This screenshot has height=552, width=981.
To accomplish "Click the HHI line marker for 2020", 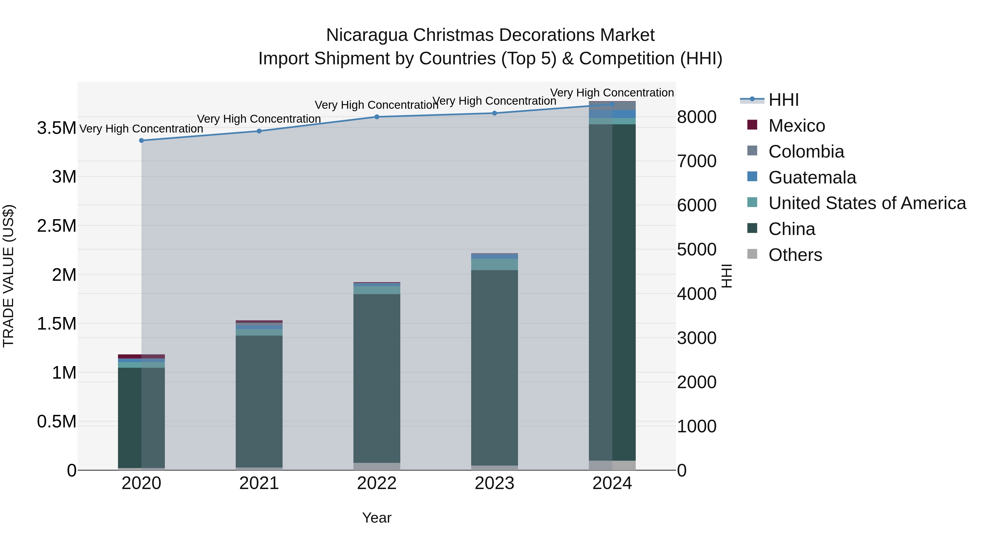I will [x=141, y=141].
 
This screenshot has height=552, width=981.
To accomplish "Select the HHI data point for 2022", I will [x=377, y=117].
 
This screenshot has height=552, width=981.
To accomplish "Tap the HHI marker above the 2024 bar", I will [x=612, y=104].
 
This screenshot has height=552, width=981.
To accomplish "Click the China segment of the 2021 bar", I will [x=259, y=400].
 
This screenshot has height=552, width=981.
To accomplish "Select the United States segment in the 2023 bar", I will [x=494, y=264].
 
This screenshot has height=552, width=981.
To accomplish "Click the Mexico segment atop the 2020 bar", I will [x=141, y=357].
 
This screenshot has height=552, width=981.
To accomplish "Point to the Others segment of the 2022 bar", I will [x=377, y=466].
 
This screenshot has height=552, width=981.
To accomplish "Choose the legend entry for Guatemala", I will [x=812, y=177].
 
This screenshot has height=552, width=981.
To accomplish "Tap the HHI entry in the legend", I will [x=783, y=100].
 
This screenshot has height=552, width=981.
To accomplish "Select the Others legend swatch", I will [x=752, y=254].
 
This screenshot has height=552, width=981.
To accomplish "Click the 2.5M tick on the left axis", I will [x=57, y=226].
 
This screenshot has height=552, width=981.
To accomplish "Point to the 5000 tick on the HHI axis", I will [x=697, y=250].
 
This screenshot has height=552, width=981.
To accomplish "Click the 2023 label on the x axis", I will [x=494, y=483].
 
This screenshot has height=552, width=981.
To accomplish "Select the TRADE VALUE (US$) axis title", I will [x=8, y=276].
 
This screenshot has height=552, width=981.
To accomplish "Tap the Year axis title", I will [x=377, y=518].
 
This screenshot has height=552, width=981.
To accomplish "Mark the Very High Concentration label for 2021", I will [x=259, y=119].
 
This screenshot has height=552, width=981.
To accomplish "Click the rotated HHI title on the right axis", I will [x=726, y=276].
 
